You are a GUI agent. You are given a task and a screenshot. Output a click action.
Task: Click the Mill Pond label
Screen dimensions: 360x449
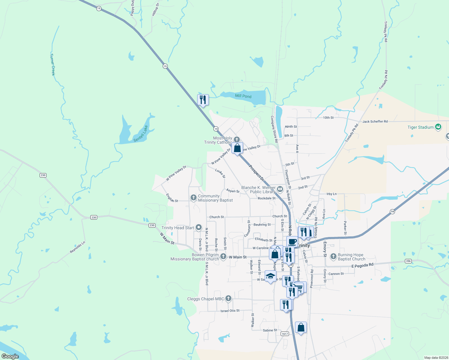click(x=243, y=96)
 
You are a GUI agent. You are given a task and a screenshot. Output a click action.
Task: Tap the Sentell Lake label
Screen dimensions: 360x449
click(x=141, y=134)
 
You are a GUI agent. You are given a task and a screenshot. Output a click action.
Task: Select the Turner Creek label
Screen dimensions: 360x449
click(x=53, y=64)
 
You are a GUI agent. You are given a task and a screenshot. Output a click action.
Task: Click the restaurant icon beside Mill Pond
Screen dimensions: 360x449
click(x=203, y=100)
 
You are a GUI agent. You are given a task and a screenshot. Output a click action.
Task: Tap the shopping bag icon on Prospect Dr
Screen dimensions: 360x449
click(x=237, y=148)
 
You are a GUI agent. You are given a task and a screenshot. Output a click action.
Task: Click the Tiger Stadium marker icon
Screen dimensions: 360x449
click(x=438, y=127)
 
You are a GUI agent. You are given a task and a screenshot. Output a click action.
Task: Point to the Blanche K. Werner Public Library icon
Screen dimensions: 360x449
click(x=280, y=189)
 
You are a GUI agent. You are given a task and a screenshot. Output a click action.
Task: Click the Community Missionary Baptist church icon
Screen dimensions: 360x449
click(x=194, y=198)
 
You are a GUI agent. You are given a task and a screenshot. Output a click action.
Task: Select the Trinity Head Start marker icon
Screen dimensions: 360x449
click(x=198, y=228)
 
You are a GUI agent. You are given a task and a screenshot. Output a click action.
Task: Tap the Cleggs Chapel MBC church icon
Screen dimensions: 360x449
click(x=228, y=298)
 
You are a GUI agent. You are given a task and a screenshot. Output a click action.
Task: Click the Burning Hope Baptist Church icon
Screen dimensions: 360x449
click(x=333, y=256)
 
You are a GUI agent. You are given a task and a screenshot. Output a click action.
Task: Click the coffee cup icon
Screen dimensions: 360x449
click(x=292, y=241)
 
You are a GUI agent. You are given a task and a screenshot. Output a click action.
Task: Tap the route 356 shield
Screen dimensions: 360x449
click(x=408, y=261)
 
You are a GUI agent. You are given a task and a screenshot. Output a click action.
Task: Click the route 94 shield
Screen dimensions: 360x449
click(x=392, y=211)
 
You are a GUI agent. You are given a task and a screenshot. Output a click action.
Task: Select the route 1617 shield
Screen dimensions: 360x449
click(x=285, y=334)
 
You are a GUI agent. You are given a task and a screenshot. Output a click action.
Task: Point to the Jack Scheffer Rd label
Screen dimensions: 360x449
click(x=375, y=121)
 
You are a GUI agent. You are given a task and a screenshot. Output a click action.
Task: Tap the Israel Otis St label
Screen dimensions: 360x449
click(x=230, y=311)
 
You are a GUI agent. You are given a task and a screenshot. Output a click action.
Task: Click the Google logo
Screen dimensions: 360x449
click(x=10, y=356)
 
